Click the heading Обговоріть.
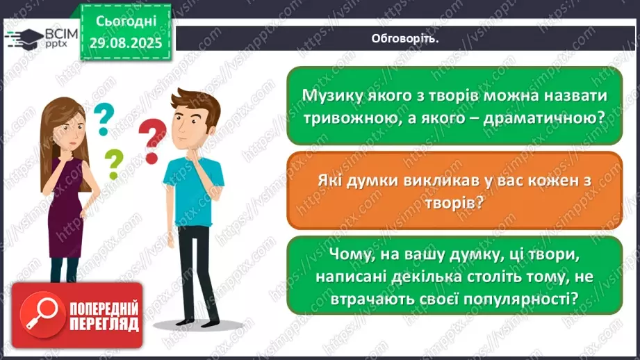point(405,39)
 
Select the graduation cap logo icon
point(25,38)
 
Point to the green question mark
point(113,164)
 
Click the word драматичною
point(539,117)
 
